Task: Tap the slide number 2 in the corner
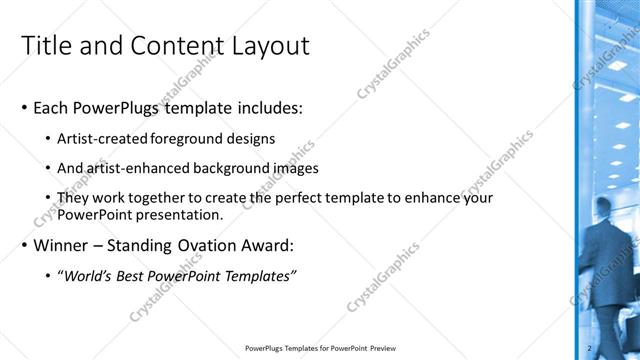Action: [x=591, y=348]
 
